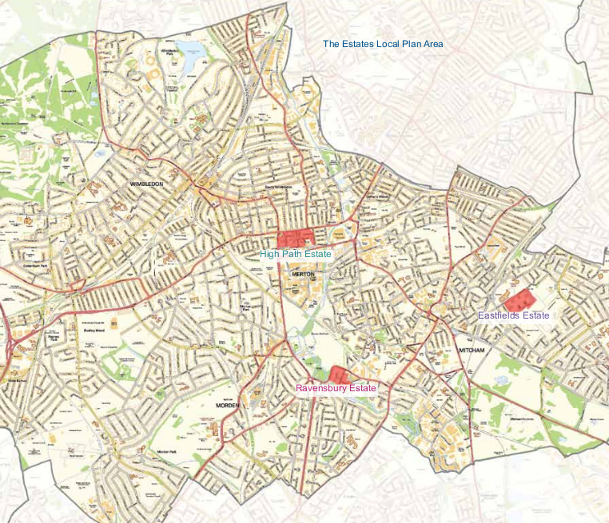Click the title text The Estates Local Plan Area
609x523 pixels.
tap(383, 44)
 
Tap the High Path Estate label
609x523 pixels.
tap(295, 254)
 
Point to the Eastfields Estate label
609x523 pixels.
tap(514, 315)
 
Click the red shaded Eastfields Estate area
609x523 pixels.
tap(518, 299)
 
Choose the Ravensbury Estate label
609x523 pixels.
tap(336, 388)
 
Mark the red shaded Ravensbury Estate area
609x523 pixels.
tap(339, 374)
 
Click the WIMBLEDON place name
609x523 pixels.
tap(146, 184)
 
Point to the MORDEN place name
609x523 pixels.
tap(228, 406)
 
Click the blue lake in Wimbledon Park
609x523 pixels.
tap(192, 58)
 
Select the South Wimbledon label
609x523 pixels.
tap(280, 188)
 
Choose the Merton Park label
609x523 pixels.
tap(245, 307)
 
